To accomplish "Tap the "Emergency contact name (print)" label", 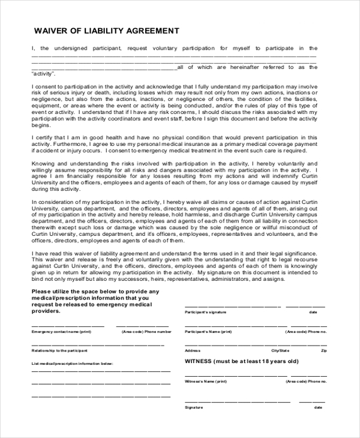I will pyautogui.click(x=62, y=331).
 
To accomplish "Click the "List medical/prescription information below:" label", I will pyautogui.click(x=72, y=364).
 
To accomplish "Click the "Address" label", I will pyautogui.click(x=193, y=350).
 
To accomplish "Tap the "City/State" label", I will pyautogui.click(x=280, y=350).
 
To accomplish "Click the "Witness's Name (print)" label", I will pyautogui.click(x=206, y=382).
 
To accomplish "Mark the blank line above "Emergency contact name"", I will pyautogui.click(x=67, y=325).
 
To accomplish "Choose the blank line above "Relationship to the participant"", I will pyautogui.click(x=96, y=344).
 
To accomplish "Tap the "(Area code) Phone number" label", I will pyautogui.click(x=146, y=331).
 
